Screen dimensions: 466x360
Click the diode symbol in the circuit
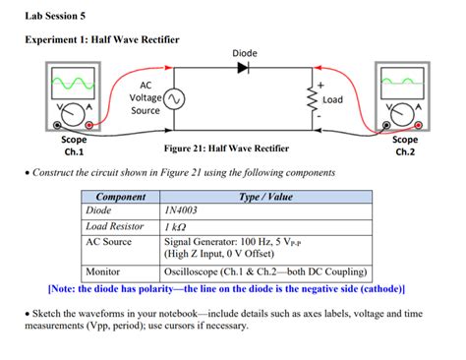tap(243, 68)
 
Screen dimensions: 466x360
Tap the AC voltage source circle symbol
tap(174, 99)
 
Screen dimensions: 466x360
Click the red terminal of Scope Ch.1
tap(88, 125)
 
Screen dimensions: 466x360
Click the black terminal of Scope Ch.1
tap(57, 125)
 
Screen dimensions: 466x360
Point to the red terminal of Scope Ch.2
tap(418, 125)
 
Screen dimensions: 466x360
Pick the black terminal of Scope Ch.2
tap(386, 125)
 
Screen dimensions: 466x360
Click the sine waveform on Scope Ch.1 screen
tap(73, 84)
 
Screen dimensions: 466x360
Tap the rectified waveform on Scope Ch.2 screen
tap(402, 82)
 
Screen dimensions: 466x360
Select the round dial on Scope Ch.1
tap(73, 114)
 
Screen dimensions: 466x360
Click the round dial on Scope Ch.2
tap(402, 114)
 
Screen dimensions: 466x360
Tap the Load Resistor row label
tap(115, 226)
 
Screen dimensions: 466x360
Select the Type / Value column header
tap(265, 197)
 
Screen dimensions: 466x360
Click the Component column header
tap(121, 197)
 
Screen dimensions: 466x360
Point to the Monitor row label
tap(102, 271)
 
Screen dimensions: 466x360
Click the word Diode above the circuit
tap(245, 53)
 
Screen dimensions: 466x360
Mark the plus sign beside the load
tap(320, 86)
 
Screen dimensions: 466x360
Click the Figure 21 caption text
tap(226, 149)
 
